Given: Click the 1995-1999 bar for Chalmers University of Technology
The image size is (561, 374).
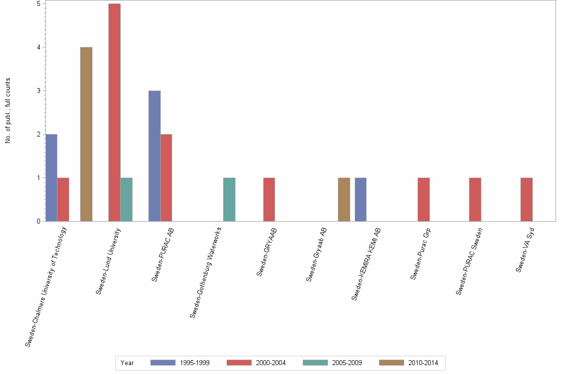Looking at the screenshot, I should (51, 178).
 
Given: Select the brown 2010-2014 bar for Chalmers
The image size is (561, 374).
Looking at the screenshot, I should (86, 134).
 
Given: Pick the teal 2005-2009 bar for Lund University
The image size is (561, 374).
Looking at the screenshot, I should (126, 199).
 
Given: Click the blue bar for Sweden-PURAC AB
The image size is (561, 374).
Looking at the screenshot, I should (154, 156).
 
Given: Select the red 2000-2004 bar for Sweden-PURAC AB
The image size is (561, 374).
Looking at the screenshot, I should (166, 178).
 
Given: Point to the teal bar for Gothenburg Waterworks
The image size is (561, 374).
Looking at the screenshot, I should (229, 199).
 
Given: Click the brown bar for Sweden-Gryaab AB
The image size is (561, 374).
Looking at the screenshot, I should (344, 199).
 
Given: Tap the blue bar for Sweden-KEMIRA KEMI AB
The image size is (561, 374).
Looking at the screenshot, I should (361, 199).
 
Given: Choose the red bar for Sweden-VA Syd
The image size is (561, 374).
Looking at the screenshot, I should (526, 199).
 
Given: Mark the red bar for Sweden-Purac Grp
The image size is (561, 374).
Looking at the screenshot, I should (423, 199).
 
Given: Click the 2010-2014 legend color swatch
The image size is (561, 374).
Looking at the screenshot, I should (391, 363).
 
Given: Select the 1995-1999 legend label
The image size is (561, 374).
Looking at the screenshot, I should (194, 363).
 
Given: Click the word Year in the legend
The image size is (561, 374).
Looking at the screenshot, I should (127, 363).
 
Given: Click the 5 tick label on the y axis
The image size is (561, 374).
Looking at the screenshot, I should (38, 3).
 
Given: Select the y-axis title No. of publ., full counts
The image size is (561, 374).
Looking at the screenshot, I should (8, 110).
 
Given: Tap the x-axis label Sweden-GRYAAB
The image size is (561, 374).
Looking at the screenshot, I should (267, 252).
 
